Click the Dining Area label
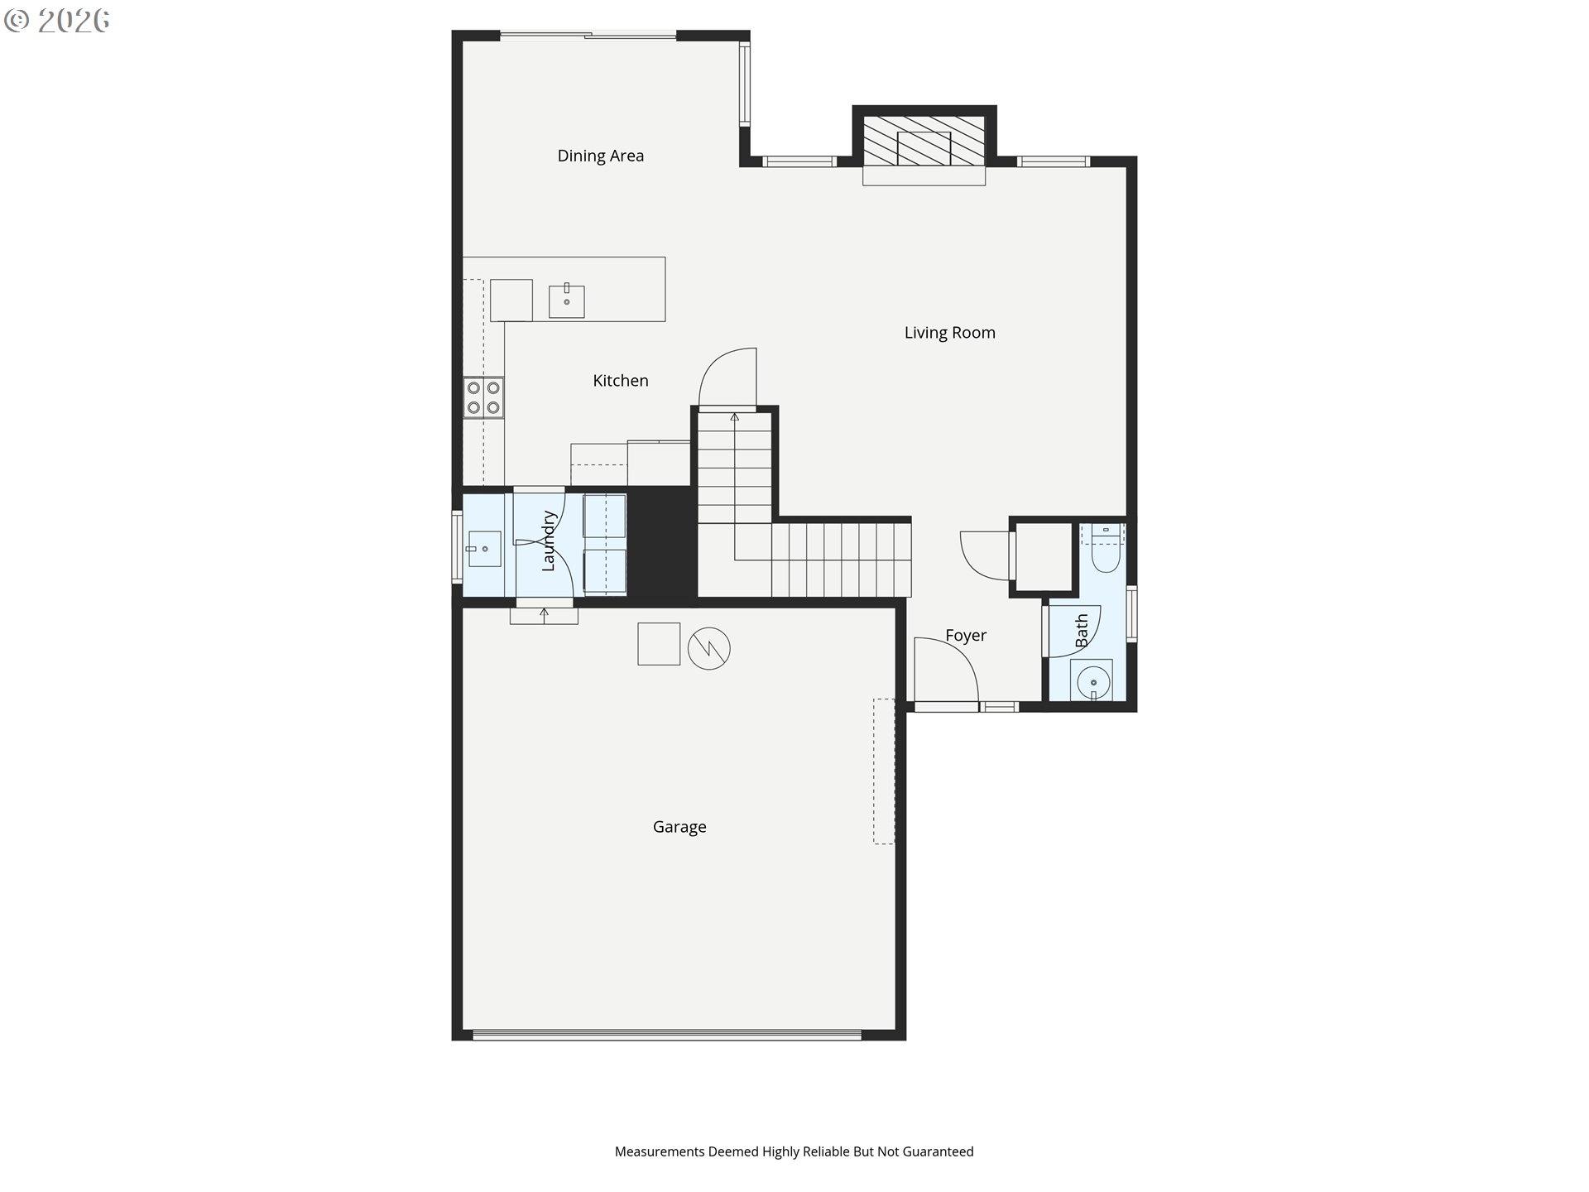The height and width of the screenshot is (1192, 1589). pos(600,156)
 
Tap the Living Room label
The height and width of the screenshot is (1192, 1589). pos(949,333)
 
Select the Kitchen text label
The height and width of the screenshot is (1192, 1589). pos(621,381)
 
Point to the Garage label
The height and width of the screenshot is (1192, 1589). pos(679,827)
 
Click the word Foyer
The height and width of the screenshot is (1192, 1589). pos(966,636)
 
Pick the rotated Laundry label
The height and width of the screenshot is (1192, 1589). pos(548,541)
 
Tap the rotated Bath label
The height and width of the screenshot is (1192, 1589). pos(1082,631)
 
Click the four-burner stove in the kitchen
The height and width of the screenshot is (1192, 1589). pos(483,397)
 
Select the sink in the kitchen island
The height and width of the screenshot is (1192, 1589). pos(567,300)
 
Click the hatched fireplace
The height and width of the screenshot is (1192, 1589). pos(924,140)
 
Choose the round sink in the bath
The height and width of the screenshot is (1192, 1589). pos(1092,682)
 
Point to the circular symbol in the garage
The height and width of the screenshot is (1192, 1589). pos(709,648)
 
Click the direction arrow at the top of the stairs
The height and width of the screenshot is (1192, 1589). pos(734,417)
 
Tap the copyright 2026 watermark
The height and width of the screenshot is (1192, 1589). pos(57,21)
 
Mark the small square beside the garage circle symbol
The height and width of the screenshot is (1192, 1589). pos(659,644)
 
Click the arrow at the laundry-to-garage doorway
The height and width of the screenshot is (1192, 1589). pos(544,614)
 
